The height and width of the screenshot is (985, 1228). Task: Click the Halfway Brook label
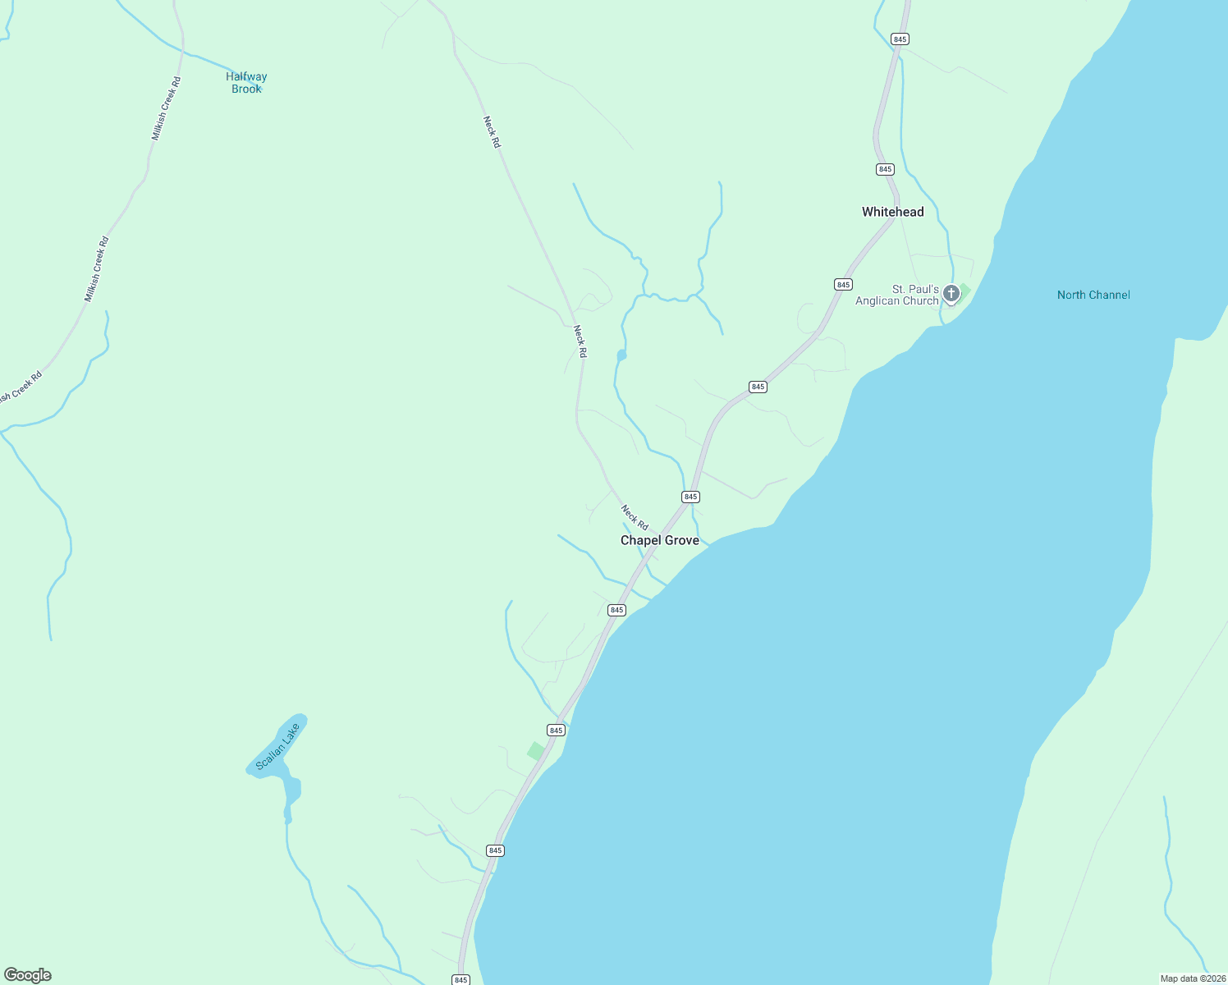coord(246,82)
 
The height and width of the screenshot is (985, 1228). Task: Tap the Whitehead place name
coord(892,212)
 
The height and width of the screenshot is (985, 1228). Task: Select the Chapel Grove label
coord(659,540)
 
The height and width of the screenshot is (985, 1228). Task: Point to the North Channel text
coord(1093,295)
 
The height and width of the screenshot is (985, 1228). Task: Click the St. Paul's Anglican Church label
coord(896,295)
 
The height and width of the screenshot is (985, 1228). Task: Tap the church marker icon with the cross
coord(951,293)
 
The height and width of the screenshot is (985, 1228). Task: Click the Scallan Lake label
coord(278,745)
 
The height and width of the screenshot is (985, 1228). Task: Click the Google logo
coord(28,975)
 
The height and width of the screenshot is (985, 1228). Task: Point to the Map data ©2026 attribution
coord(1192,978)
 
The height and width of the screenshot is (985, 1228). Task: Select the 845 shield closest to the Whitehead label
coord(884,169)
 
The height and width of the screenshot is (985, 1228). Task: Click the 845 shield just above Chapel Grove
coord(690,497)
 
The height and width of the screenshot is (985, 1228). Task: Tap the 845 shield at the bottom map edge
coord(460,979)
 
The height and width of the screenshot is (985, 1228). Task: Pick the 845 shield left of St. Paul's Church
coord(843,284)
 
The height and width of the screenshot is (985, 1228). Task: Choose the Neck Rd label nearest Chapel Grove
coord(635,517)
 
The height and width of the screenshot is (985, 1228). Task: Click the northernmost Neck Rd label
coord(491,131)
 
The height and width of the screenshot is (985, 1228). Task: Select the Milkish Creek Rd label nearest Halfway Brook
coord(166,108)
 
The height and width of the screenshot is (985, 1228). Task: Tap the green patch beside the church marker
coord(965,290)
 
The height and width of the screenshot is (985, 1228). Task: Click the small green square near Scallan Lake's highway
coord(536,750)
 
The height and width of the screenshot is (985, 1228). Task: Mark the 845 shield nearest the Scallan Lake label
coord(556,730)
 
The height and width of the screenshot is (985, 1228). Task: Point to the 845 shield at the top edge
coord(900,39)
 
